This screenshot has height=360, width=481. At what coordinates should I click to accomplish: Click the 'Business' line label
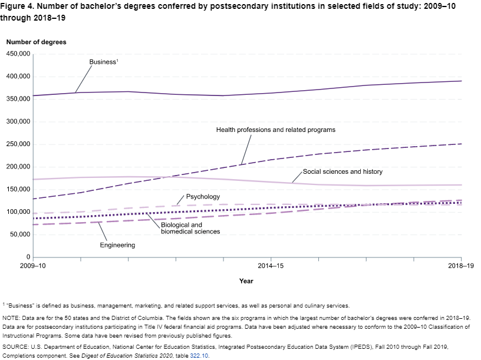[103, 62]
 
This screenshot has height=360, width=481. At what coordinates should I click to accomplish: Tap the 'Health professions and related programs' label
[275, 130]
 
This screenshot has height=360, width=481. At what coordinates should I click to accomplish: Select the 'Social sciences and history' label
[342, 172]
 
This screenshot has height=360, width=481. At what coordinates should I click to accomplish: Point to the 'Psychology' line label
[203, 197]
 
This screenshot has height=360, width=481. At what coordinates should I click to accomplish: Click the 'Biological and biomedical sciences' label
[190, 228]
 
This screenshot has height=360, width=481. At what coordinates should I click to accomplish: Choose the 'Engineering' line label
[117, 245]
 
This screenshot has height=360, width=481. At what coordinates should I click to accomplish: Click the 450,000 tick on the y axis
[18, 54]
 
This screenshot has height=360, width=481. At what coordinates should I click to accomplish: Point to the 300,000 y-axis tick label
[18, 122]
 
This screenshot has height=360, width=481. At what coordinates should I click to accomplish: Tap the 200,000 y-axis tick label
[18, 167]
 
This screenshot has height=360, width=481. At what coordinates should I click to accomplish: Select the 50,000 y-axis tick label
[19, 235]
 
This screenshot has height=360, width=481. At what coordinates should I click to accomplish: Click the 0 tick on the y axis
[28, 257]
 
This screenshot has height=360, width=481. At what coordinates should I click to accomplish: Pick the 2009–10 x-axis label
[33, 266]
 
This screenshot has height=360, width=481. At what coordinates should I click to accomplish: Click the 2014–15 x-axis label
[271, 266]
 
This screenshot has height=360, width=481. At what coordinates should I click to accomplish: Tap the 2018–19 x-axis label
[460, 266]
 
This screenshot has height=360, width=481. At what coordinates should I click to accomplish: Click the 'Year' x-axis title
[246, 281]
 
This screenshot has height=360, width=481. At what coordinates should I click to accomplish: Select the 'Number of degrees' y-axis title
[36, 42]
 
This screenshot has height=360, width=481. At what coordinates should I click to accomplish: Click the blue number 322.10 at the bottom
[199, 356]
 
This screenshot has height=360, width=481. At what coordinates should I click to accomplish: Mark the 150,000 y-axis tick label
[18, 190]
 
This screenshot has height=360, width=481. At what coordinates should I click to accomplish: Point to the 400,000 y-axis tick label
[18, 77]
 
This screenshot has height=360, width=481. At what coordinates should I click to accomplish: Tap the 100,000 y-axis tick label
[18, 212]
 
